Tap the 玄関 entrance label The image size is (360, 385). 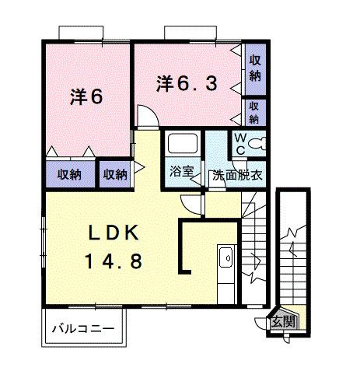tap(284, 321)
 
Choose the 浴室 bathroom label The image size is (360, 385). tap(183, 173)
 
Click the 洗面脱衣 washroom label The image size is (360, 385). tap(238, 174)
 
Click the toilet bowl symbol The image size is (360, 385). tap(258, 144)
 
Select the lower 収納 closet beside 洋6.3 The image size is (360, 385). tap(255, 112)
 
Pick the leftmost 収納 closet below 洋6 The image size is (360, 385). tap(69, 174)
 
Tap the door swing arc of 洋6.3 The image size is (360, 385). tap(145, 116)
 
